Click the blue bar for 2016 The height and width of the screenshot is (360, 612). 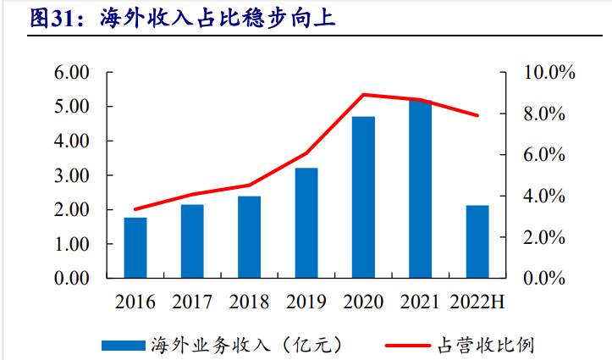point(135,247)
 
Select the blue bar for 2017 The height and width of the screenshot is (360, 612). point(192,241)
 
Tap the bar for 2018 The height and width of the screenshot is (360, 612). point(249,237)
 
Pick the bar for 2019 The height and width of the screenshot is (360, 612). point(306,223)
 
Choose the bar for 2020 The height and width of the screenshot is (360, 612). point(363,197)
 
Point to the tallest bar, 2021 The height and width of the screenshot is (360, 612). point(420,189)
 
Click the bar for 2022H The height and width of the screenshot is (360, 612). point(477,241)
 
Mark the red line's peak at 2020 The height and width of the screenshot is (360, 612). point(363,94)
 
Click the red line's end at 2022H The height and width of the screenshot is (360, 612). point(477,115)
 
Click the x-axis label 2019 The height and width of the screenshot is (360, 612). point(306,302)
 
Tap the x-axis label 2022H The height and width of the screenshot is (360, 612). point(477,302)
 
